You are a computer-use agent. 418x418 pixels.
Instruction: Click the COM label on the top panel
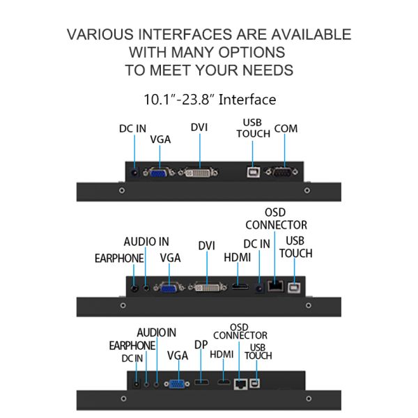coord(286,129)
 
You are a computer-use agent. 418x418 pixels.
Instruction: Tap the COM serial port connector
coord(281,172)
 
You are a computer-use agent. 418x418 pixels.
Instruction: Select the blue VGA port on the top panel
coord(159,172)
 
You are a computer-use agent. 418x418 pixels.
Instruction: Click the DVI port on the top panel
coord(199,173)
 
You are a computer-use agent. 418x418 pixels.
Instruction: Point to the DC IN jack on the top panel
coord(134,173)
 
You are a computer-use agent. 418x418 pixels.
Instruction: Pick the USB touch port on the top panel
coord(254,172)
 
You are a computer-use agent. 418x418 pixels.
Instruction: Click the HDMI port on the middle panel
coord(240,287)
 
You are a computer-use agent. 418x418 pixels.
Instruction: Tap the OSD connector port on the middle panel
coord(276,286)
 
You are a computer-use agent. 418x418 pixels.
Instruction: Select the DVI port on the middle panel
coord(208,287)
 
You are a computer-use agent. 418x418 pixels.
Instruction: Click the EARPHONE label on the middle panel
coord(119,258)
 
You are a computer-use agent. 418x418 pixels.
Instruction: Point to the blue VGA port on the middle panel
coord(169,287)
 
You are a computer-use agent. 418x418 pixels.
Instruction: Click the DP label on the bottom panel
coord(201,345)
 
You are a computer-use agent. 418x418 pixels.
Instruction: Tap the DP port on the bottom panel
coord(201,382)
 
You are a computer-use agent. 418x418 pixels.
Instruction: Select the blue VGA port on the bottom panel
coord(177,384)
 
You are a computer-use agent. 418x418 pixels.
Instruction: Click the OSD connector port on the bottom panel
coord(241,384)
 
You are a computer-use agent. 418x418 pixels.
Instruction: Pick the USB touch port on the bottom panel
coord(254,383)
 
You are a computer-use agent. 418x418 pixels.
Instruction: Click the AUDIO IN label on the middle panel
coord(146,242)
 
